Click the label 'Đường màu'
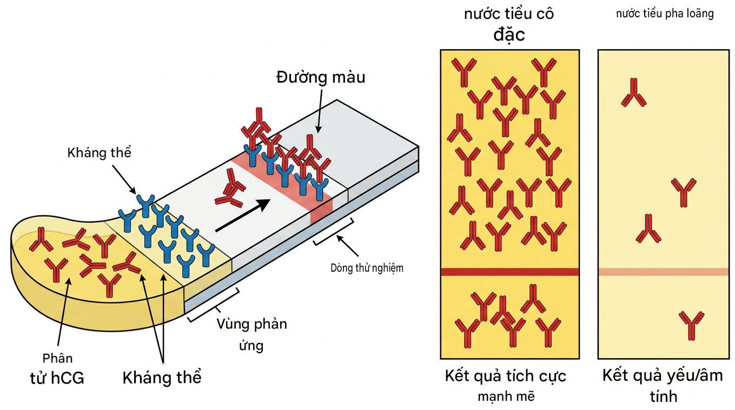321,78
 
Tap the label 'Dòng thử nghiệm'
367,268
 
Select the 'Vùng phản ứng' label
251,334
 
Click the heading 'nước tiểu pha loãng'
665,14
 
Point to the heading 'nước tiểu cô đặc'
509,24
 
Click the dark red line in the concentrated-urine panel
509,272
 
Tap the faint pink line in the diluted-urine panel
664,272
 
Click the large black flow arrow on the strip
242,215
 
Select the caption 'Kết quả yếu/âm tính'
663,385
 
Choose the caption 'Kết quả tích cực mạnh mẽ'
506,385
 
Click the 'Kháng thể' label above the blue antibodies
99,153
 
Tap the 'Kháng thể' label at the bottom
162,378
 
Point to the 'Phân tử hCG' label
57,368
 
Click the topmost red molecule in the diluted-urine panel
634,92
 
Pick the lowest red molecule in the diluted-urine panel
691,326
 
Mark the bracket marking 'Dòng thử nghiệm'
334,232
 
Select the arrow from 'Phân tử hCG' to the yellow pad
64,312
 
